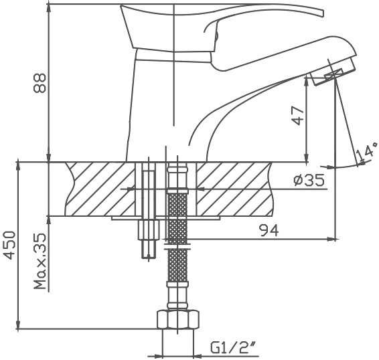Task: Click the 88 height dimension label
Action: (40, 83)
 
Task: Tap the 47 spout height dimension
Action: (297, 116)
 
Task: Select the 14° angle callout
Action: (366, 151)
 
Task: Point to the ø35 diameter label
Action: (309, 180)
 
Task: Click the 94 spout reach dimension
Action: (269, 230)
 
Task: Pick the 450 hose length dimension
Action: (10, 245)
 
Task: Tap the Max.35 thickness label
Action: (40, 261)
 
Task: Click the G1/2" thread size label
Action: (233, 348)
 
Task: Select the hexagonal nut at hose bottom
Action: (178, 319)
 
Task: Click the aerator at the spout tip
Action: (334, 72)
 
